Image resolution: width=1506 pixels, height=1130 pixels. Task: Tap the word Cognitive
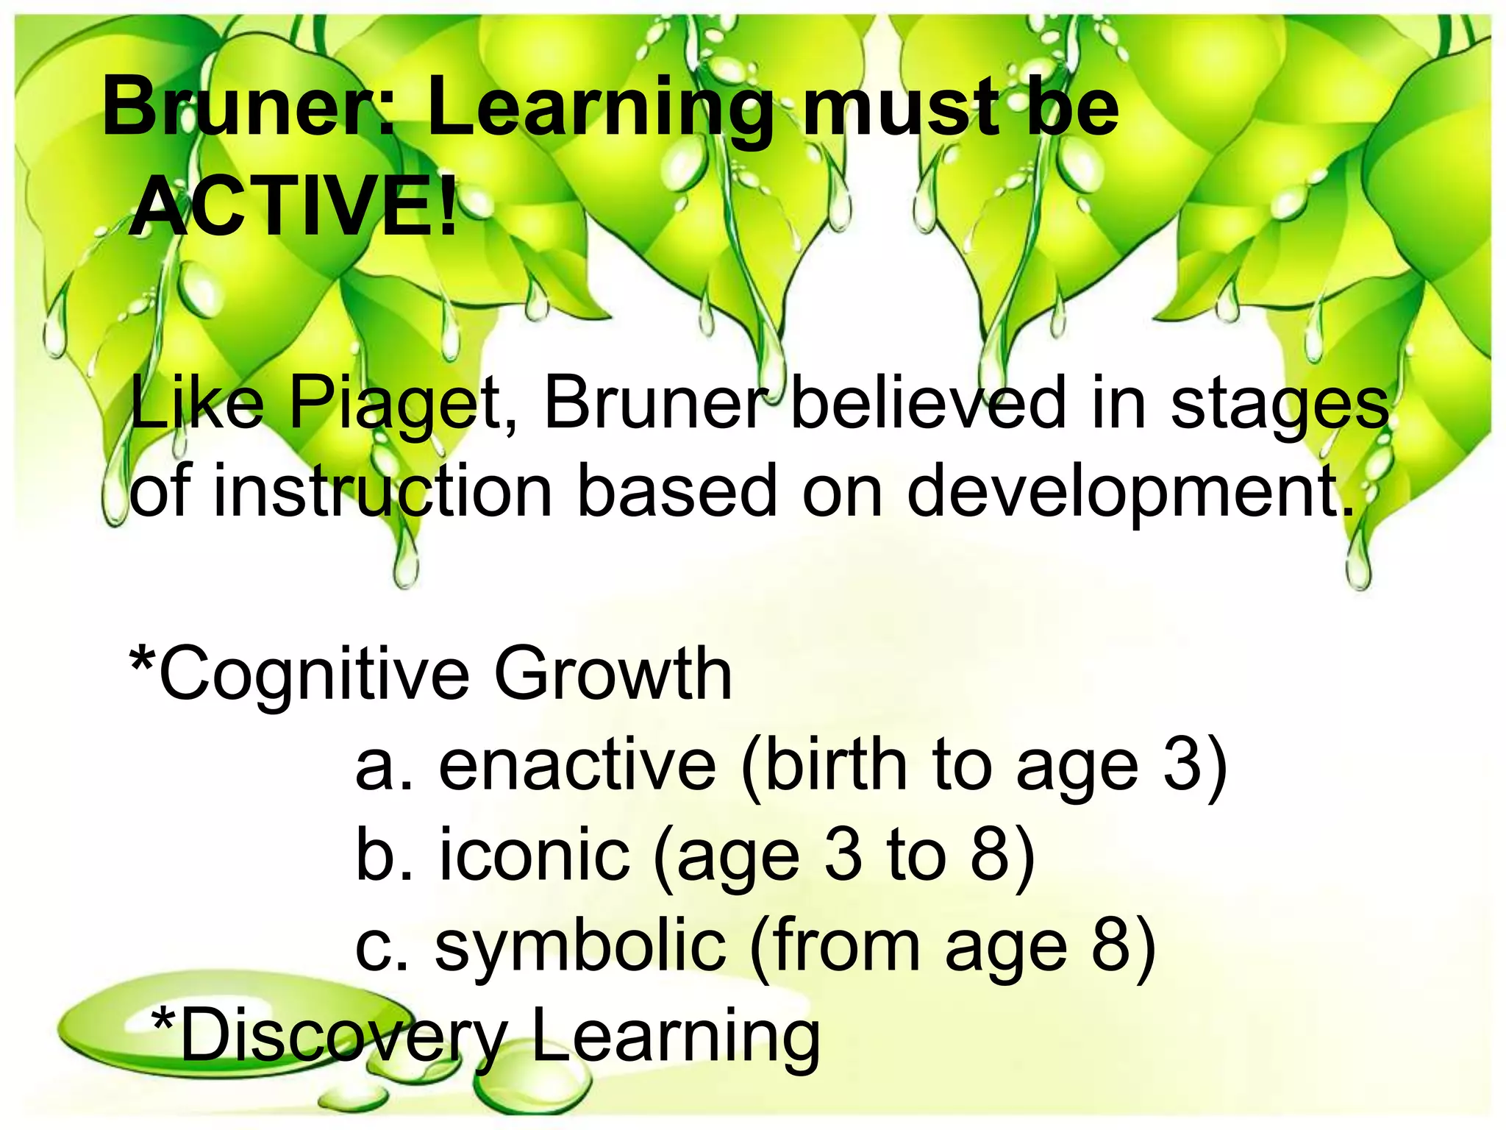(315, 674)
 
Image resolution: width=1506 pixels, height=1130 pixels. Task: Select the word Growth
(613, 672)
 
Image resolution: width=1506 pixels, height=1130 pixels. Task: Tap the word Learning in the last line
(676, 1037)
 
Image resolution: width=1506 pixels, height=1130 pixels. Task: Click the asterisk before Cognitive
(141, 656)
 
